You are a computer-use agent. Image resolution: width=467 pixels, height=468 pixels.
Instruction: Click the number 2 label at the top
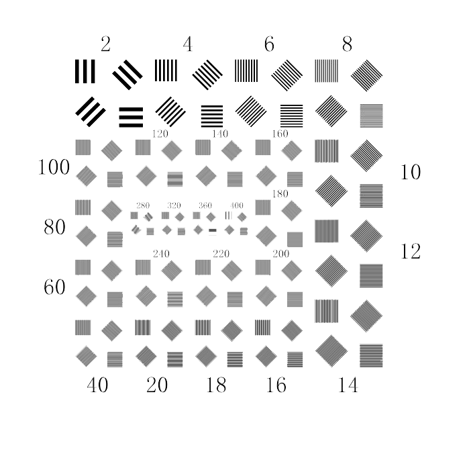coord(105,44)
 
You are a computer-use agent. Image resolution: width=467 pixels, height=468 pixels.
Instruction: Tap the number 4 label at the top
coord(188,44)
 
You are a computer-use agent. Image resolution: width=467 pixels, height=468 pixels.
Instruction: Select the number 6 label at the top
coord(269,44)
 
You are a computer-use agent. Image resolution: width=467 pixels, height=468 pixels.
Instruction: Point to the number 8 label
coord(347,44)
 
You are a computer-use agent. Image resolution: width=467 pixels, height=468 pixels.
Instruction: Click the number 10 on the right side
coord(411,172)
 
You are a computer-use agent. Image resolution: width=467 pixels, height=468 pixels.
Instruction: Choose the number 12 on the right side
coord(411,251)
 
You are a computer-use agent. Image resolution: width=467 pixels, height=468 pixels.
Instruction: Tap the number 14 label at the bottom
coord(348,385)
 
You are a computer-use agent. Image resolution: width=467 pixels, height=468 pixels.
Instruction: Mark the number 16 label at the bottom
coord(276,385)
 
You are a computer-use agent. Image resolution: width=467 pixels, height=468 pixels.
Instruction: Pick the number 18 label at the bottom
coord(216,385)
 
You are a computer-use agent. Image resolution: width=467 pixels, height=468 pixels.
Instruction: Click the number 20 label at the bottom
coord(157,385)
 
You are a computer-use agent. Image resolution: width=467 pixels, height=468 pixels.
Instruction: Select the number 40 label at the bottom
coord(97,385)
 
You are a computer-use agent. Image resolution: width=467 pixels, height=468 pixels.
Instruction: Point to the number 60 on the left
coord(54,287)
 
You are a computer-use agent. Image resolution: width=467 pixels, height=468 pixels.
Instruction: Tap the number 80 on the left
coord(54,227)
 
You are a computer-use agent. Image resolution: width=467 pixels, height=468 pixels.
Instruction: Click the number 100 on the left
coord(54,167)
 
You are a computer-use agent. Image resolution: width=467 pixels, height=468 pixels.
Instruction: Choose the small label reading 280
coord(143,205)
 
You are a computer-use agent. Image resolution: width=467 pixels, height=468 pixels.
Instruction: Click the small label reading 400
coord(236,205)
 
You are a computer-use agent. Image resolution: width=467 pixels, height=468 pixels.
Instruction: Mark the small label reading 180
coord(280,193)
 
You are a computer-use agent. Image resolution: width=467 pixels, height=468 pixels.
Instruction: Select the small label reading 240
coord(161,254)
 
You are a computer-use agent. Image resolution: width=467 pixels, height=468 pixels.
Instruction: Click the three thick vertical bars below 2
coord(85,71)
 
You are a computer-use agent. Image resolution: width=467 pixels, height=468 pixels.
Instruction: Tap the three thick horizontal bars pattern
coord(131,118)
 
